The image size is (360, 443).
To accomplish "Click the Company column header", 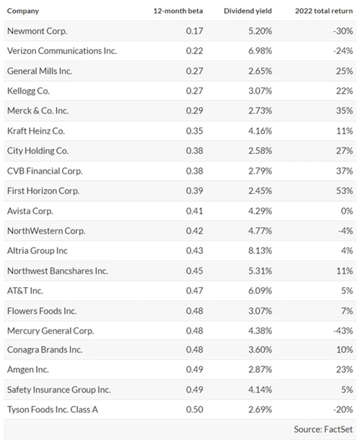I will point(23,11).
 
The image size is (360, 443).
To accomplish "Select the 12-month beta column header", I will point(179,11).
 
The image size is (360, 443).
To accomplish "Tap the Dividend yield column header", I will point(248,11).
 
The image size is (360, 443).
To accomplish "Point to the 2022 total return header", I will point(323,11).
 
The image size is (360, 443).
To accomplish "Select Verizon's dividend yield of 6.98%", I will point(260,51).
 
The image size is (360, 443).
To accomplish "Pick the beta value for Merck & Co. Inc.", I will point(193,111).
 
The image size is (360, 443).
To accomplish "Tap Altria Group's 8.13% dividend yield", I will point(260,250).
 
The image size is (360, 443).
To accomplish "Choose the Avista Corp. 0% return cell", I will point(347,211).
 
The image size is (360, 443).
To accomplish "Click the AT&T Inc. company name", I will point(25,290).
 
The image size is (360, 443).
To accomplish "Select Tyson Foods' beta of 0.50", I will point(193,409).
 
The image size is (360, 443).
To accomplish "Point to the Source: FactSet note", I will point(323,429).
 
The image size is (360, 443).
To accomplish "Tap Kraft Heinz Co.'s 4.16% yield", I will point(260,131).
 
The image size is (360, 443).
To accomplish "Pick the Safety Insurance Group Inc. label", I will point(59,390).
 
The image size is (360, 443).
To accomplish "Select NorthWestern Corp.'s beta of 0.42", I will point(193,231).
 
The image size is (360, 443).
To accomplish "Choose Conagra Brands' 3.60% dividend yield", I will point(260,350).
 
